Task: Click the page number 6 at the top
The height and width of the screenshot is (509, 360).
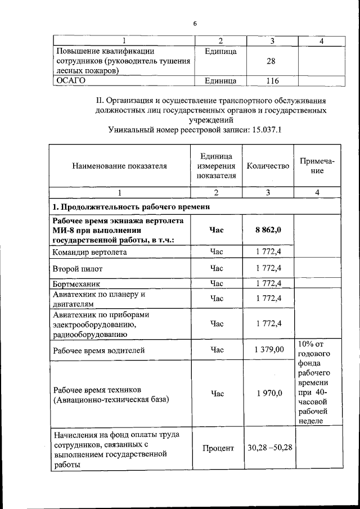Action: [x=195, y=24]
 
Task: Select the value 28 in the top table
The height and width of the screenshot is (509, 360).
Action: [x=271, y=61]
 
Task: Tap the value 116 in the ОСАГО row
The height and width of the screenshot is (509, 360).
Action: [x=272, y=81]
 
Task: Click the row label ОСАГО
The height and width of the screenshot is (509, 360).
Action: [x=70, y=81]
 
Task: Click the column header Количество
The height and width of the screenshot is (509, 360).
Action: [x=268, y=166]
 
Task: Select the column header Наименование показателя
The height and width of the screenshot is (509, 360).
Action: [x=119, y=166]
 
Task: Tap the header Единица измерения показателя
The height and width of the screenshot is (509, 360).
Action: [x=217, y=166]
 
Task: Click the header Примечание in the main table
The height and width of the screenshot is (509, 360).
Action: [x=317, y=165]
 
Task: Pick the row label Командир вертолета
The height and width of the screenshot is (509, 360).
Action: [x=89, y=252]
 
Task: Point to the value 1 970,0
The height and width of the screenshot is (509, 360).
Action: [x=268, y=394]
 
